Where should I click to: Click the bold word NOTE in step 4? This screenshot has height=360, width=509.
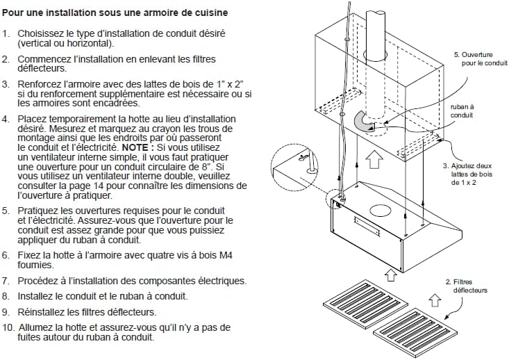137,148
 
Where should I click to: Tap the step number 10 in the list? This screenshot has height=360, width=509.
8,327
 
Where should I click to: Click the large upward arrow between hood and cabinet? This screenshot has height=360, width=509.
374,158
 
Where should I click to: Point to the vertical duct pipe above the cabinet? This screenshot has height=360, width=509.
381,35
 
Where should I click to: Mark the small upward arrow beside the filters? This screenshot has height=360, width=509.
435,300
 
